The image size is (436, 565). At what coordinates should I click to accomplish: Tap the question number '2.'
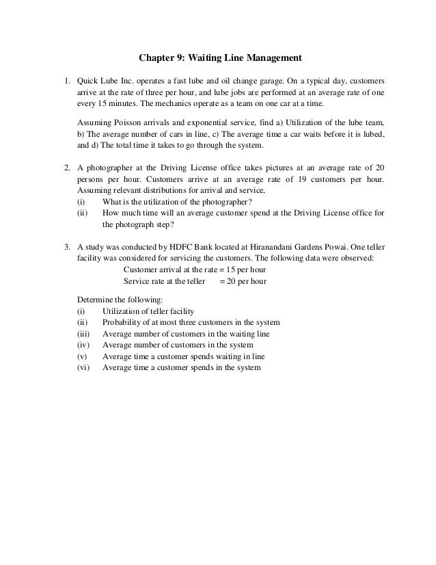[x=67, y=168]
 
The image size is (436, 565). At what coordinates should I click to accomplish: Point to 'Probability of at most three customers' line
[x=190, y=322]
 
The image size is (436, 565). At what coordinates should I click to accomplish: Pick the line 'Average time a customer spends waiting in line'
[x=183, y=356]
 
